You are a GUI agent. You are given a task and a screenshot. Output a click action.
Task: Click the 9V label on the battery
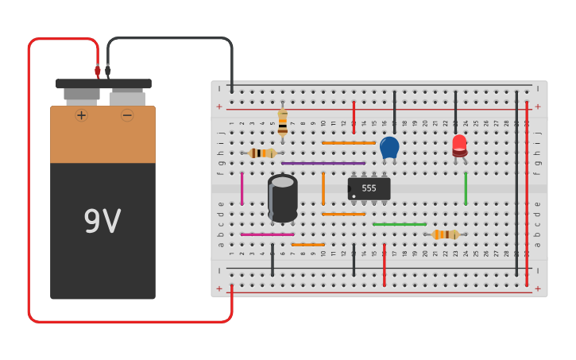[x=102, y=222]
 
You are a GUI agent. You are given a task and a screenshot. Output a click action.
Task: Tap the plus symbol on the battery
[x=82, y=115]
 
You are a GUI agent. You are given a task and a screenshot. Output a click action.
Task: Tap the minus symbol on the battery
[x=127, y=115]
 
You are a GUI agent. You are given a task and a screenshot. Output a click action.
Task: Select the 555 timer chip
[x=369, y=188]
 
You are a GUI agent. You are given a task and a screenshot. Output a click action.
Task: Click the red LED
[x=459, y=145]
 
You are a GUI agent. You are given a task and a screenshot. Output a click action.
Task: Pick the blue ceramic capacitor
[x=389, y=147]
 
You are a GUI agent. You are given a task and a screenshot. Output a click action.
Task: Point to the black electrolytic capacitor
[x=283, y=197]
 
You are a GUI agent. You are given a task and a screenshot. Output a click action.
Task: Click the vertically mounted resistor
[x=282, y=123]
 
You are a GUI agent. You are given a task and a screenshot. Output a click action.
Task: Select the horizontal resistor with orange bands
[x=446, y=234]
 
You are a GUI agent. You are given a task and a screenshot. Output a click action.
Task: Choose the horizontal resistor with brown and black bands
[x=261, y=153]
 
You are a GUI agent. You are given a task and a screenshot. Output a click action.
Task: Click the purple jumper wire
[x=323, y=163]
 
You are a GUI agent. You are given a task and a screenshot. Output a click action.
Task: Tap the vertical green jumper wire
[x=466, y=188]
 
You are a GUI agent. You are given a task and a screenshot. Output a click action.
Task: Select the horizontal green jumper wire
[x=399, y=224]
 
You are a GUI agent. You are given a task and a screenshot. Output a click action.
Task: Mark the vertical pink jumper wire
[x=242, y=188]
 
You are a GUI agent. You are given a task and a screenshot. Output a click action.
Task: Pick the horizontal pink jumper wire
[x=267, y=234]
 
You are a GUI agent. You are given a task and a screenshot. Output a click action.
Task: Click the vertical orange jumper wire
[x=323, y=188]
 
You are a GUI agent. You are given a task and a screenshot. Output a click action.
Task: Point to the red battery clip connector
[x=98, y=71]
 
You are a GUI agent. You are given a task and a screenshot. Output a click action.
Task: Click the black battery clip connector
[x=108, y=71]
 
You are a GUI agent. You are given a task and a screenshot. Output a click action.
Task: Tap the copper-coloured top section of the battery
[x=102, y=135]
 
